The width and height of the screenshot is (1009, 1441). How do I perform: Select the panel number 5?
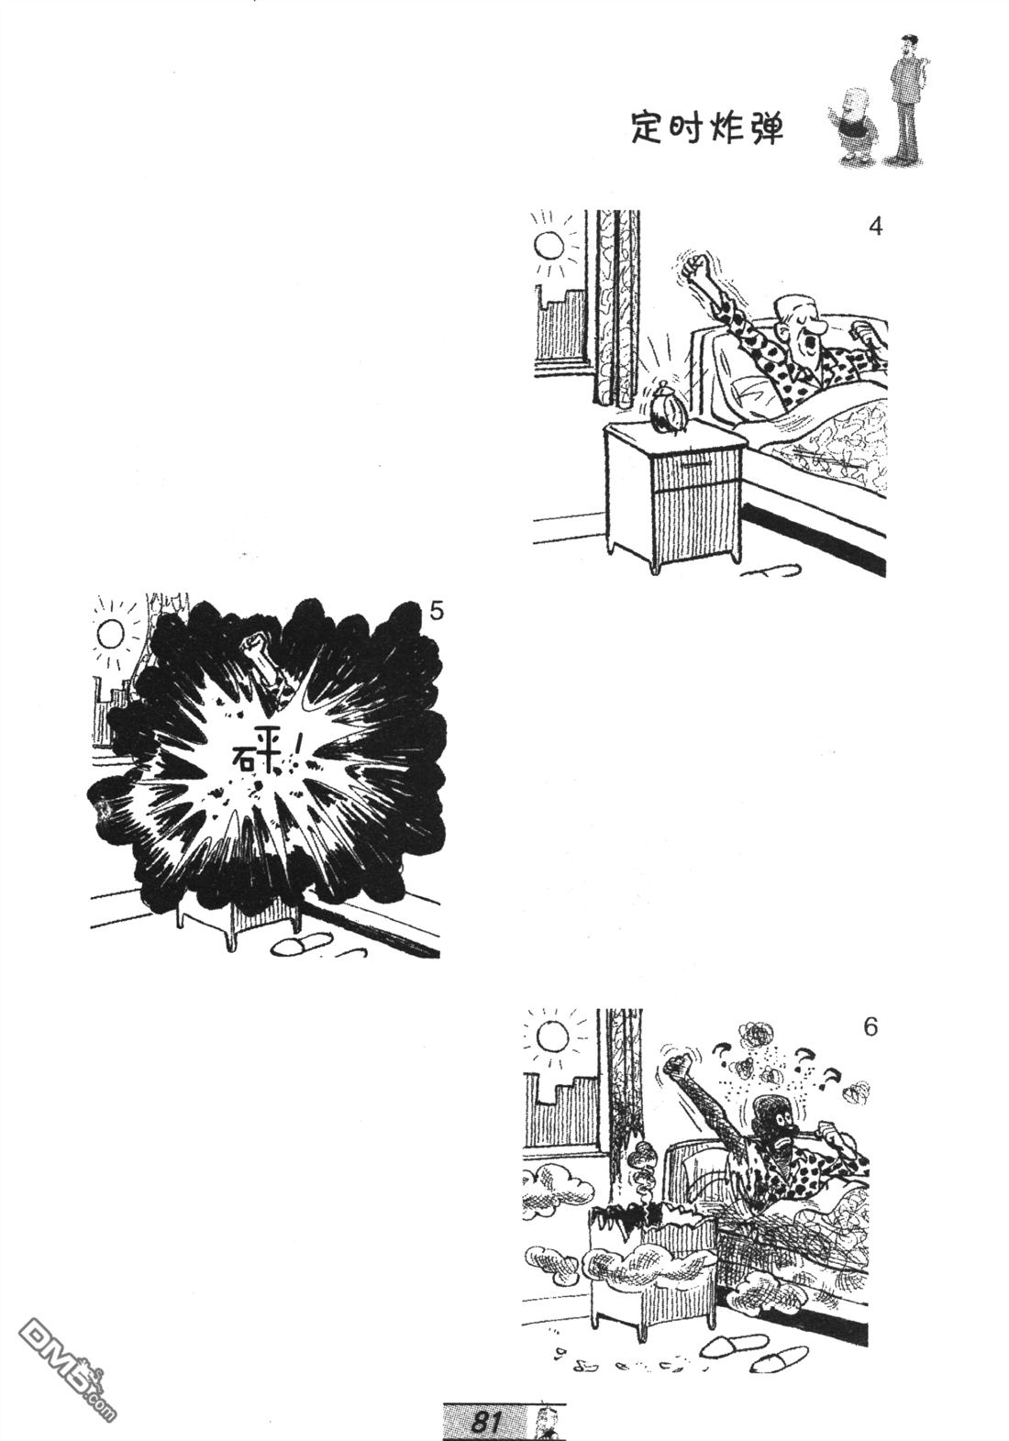click(x=436, y=611)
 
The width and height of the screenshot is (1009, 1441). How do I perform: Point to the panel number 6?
click(x=870, y=1027)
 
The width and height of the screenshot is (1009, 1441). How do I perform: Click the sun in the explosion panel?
click(x=109, y=633)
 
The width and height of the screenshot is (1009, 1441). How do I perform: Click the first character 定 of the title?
click(x=648, y=128)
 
